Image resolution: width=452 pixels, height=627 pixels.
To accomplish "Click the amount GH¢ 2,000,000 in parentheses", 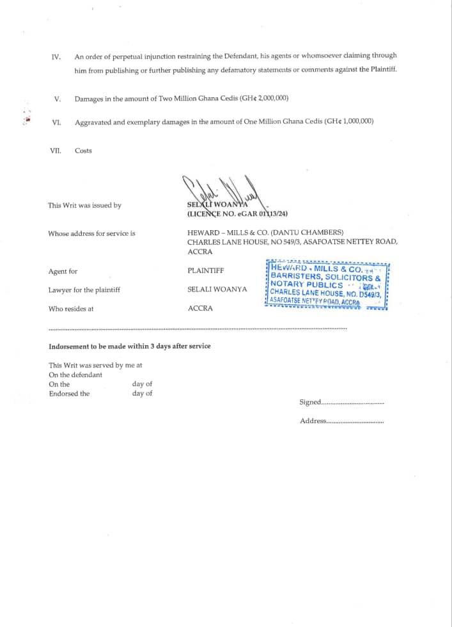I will click(x=263, y=98).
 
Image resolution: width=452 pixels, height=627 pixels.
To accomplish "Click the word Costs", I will click(x=83, y=151).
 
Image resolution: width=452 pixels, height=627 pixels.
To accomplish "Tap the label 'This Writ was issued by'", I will click(x=84, y=206).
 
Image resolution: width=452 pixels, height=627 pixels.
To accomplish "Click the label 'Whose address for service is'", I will click(x=91, y=234).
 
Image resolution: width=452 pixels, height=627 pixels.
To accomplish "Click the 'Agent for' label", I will click(x=63, y=272).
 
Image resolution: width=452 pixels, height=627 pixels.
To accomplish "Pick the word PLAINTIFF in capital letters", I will click(x=205, y=271).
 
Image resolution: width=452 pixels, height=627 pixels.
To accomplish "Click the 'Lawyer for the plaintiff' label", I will click(x=84, y=290).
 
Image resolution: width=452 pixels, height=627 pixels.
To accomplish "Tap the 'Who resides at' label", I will click(x=71, y=309).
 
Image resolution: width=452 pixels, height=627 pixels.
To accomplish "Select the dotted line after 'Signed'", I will click(x=352, y=403).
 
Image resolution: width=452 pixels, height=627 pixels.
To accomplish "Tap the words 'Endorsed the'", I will click(x=69, y=394).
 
